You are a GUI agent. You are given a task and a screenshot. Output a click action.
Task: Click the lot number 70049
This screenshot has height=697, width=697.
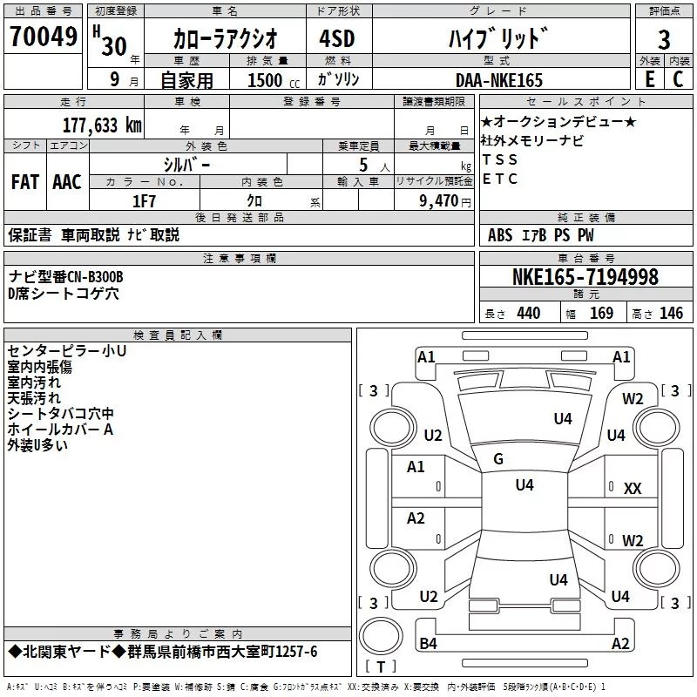pyautogui.click(x=43, y=37)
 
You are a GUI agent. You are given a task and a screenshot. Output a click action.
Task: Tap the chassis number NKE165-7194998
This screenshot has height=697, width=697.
pyautogui.click(x=585, y=278)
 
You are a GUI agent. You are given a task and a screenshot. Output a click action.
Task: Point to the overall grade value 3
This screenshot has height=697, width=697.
pyautogui.click(x=664, y=40)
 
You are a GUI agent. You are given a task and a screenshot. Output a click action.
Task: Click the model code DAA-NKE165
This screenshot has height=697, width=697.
pyautogui.click(x=498, y=80)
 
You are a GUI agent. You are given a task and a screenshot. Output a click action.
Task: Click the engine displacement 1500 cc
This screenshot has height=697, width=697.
pyautogui.click(x=267, y=80)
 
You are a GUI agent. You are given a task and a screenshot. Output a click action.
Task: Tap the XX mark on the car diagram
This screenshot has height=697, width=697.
pyautogui.click(x=633, y=489)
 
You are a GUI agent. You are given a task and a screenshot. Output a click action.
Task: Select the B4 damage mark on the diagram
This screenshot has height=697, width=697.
pyautogui.click(x=428, y=644)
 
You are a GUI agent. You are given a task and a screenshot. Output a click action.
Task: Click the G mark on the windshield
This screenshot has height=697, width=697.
pyautogui.click(x=498, y=459)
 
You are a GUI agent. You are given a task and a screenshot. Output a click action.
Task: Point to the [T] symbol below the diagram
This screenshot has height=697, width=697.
pyautogui.click(x=381, y=668)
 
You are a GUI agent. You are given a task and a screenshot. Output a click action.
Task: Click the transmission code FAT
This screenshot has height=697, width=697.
pyautogui.click(x=25, y=182)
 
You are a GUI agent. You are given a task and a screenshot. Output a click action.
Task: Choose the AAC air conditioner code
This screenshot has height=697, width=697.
pyautogui.click(x=67, y=182)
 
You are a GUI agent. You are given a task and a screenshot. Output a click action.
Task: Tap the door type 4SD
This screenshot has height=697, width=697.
pyautogui.click(x=328, y=40)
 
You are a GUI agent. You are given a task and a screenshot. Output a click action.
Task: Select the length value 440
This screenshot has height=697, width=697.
pyautogui.click(x=528, y=314)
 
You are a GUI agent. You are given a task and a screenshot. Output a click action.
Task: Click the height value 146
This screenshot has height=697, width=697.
pyautogui.click(x=671, y=314)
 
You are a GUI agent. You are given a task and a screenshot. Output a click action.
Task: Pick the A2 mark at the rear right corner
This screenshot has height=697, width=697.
pyautogui.click(x=620, y=644)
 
